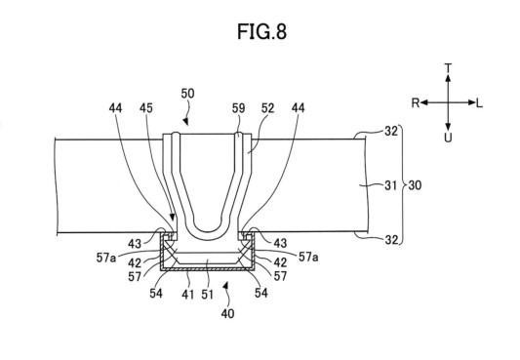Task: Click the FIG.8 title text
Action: [x=261, y=32]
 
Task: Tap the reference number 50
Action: [x=187, y=94]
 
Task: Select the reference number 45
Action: [x=146, y=108]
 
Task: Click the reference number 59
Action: [x=238, y=108]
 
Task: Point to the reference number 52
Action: [x=267, y=108]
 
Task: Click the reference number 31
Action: [x=390, y=185]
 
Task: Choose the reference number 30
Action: [x=415, y=185]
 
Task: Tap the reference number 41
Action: [x=188, y=294]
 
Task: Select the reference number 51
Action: [x=207, y=294]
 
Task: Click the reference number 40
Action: [x=228, y=313]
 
